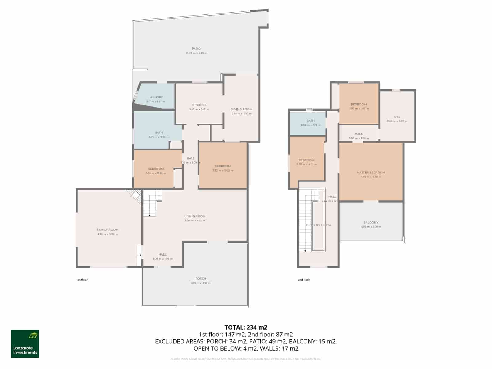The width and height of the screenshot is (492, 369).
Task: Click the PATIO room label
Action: click(x=196, y=49)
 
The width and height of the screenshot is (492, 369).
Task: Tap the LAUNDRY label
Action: click(x=155, y=97)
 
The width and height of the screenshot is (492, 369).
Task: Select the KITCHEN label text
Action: click(x=199, y=105)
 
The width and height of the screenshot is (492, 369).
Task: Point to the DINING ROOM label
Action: click(x=241, y=109)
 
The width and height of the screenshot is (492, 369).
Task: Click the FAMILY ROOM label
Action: click(x=107, y=230)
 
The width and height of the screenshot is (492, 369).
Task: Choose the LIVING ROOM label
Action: click(x=195, y=216)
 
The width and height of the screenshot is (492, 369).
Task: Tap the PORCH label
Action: click(x=201, y=279)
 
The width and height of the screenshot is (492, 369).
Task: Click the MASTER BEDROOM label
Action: click(x=371, y=173)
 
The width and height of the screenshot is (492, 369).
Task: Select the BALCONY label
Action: click(x=371, y=222)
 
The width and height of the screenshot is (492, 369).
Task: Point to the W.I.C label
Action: click(x=397, y=117)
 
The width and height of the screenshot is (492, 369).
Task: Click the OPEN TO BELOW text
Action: click(x=319, y=225)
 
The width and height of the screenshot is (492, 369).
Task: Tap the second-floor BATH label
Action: click(x=311, y=121)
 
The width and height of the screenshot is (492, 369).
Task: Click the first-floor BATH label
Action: click(x=159, y=133)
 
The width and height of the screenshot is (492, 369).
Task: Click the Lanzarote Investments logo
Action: click(x=25, y=343)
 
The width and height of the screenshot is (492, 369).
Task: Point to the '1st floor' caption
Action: click(x=82, y=280)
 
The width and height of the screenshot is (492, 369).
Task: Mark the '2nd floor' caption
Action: click(x=304, y=280)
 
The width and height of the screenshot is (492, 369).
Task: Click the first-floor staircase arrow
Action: click(x=149, y=215)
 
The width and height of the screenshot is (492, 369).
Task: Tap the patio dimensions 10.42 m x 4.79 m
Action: click(x=196, y=53)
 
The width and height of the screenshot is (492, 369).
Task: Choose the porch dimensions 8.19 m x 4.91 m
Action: click(x=201, y=283)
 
